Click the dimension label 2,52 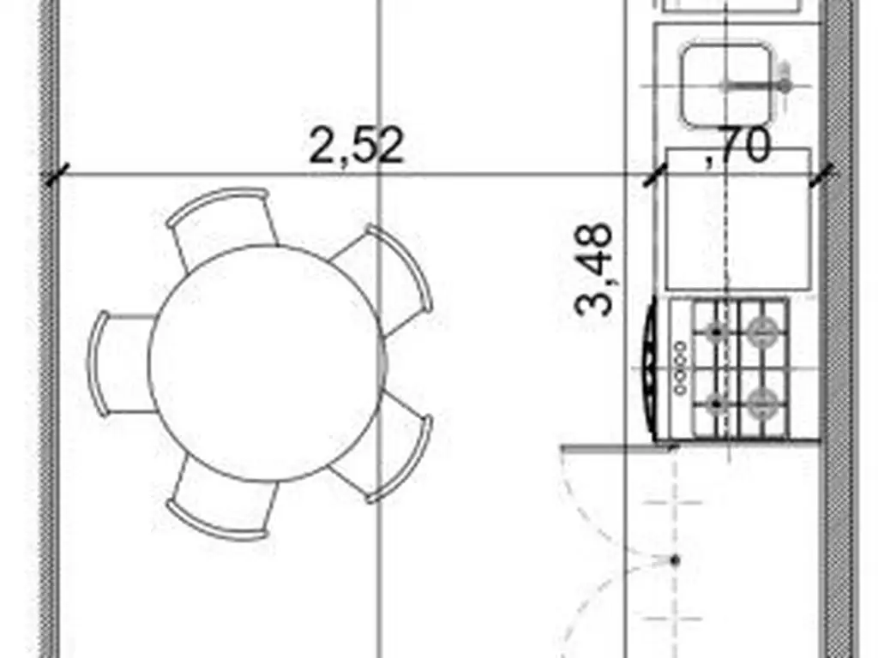click(356, 146)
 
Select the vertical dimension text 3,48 click(594, 270)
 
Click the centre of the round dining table click(268, 362)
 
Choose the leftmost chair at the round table click(120, 363)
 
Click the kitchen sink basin click(726, 84)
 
